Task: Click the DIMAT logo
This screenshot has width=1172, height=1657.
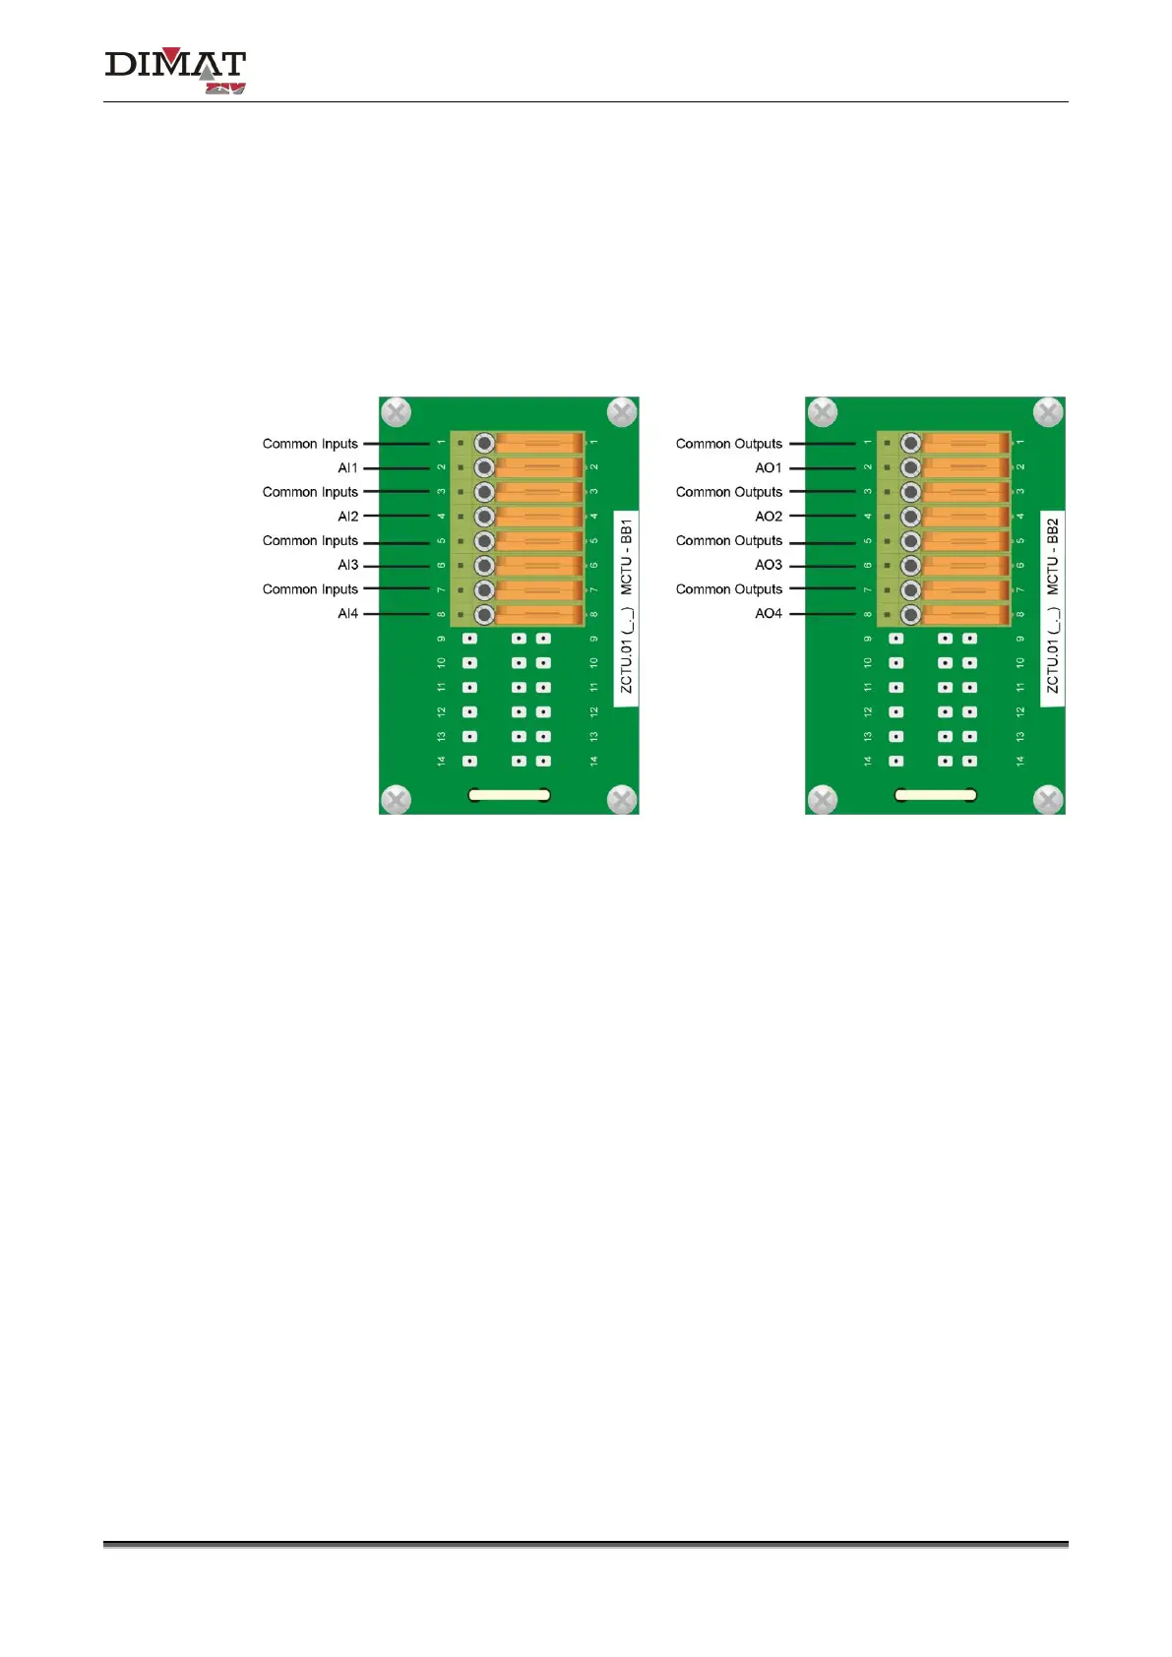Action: tap(175, 71)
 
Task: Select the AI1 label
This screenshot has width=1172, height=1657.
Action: tap(347, 468)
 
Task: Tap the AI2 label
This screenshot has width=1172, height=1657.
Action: tap(347, 517)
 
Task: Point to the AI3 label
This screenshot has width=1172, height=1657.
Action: tap(347, 565)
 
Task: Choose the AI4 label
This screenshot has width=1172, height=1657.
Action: tap(347, 614)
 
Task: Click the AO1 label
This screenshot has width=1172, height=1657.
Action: tap(769, 468)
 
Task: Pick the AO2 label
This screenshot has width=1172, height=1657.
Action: tap(769, 517)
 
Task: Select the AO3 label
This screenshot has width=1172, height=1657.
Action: tap(769, 565)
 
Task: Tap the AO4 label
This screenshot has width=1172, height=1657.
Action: tap(769, 614)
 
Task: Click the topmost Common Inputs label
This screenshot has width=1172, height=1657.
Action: tap(310, 444)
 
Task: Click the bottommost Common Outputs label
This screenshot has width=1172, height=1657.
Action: tap(729, 589)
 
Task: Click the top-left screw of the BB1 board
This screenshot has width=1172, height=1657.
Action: tap(396, 412)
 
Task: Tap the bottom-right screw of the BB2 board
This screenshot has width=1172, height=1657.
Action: tap(1049, 799)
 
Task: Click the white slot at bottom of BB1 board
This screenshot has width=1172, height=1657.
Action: tap(509, 795)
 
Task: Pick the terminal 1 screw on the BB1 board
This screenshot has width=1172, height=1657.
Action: tap(484, 443)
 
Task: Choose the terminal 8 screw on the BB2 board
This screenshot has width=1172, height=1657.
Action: tap(910, 615)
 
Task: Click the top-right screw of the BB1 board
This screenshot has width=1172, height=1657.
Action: tap(622, 412)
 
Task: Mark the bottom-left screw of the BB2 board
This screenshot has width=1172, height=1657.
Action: tap(822, 799)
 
